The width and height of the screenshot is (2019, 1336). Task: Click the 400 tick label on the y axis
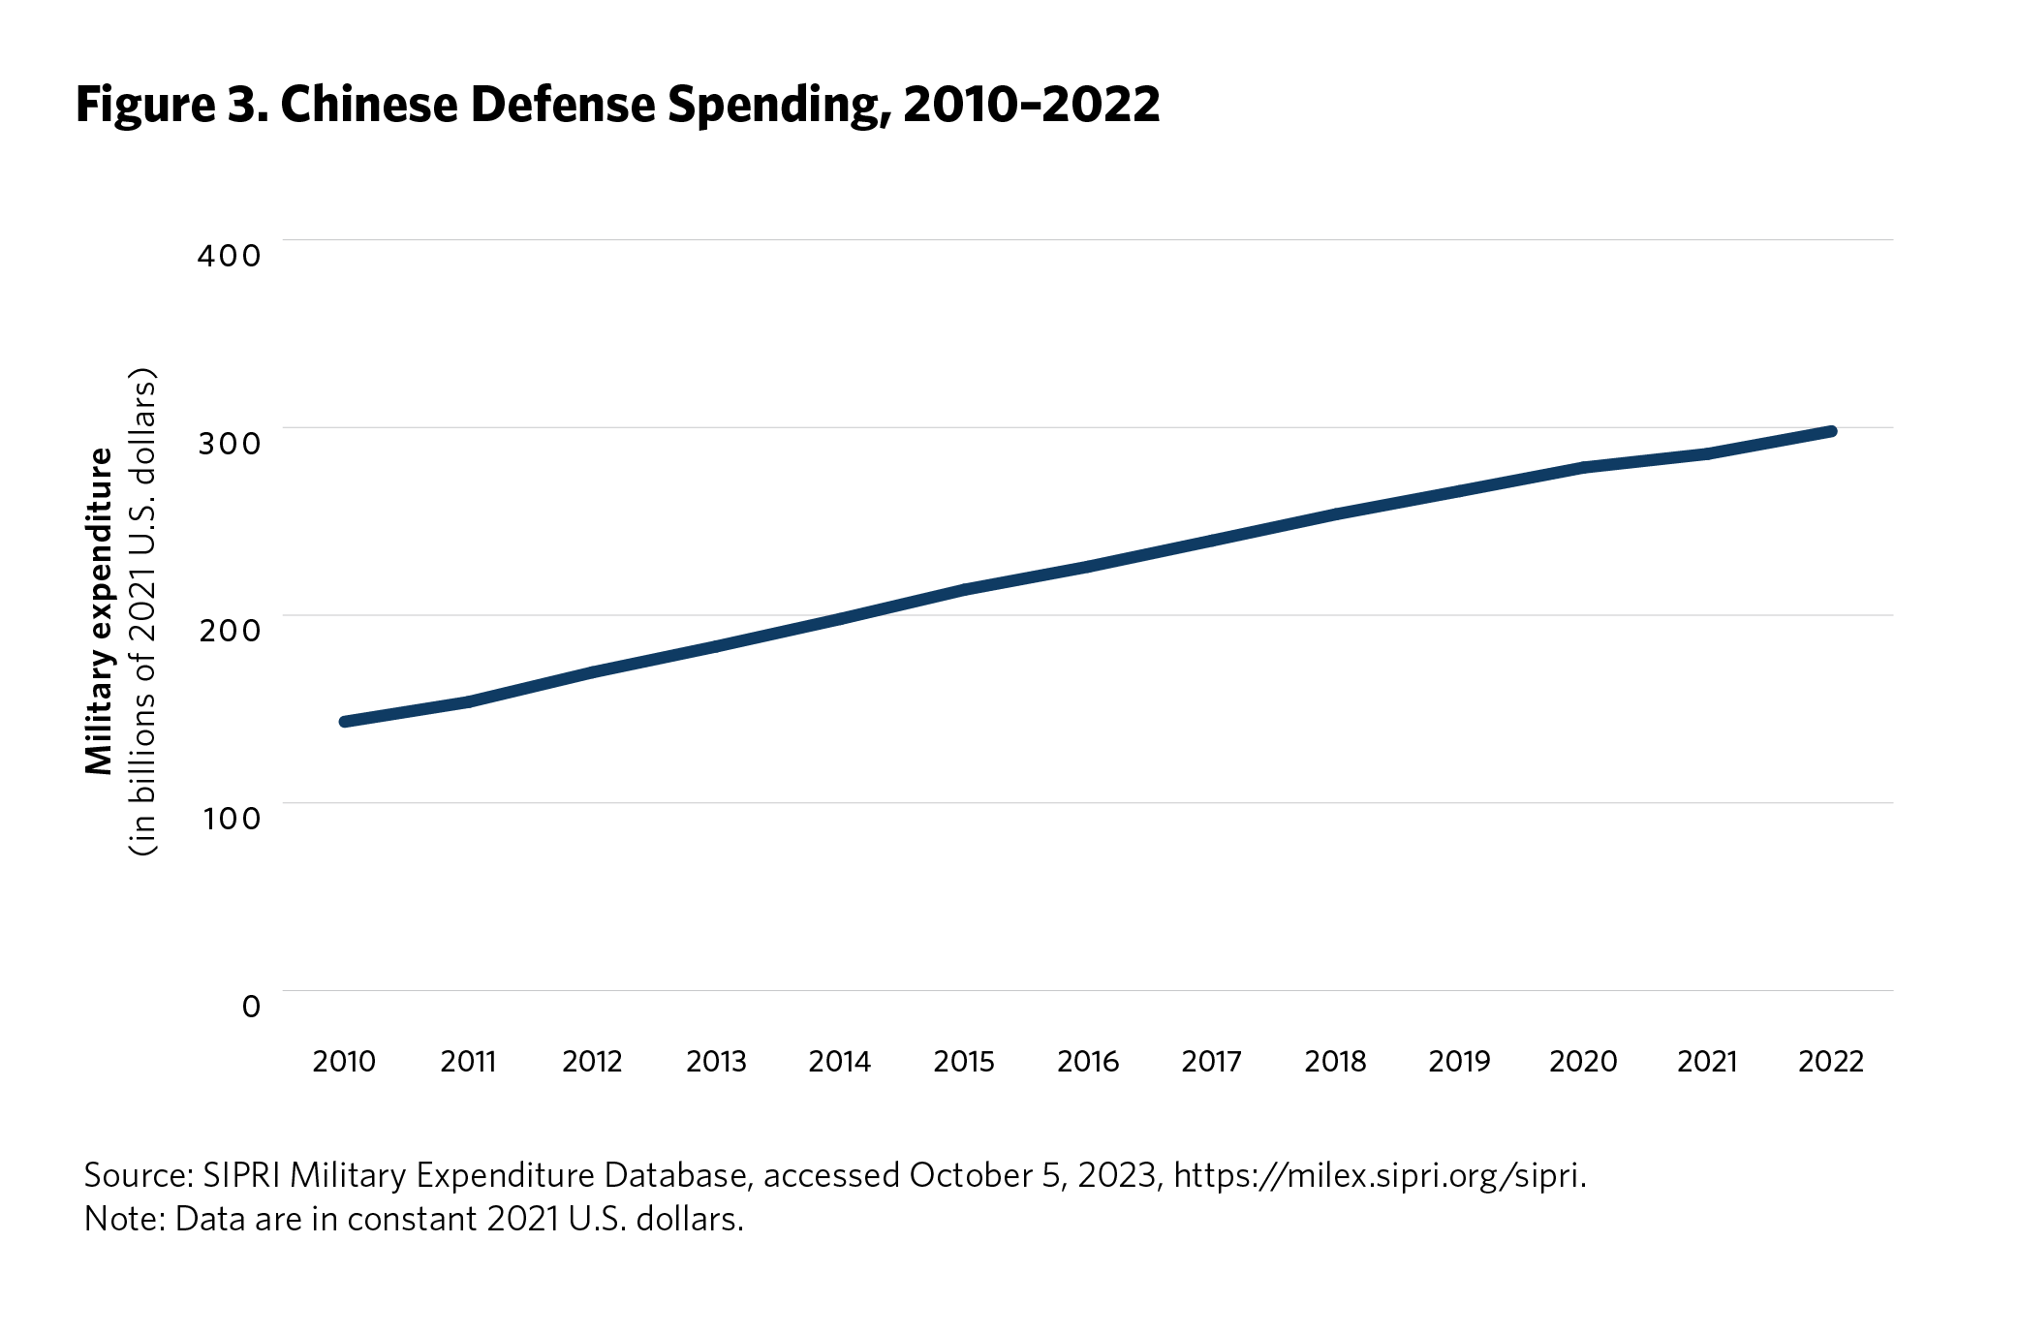click(229, 256)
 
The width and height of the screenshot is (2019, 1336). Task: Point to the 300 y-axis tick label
click(229, 444)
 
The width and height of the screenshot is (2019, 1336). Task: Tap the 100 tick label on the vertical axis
click(231, 819)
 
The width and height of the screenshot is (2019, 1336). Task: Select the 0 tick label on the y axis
click(251, 1007)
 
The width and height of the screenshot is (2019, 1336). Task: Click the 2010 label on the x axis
click(344, 1062)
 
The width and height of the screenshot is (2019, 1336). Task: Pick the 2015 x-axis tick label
click(964, 1062)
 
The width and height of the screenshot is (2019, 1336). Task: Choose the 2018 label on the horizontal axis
click(1335, 1062)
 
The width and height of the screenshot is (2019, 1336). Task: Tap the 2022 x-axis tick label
click(1831, 1062)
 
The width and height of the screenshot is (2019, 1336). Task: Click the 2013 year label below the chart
click(716, 1062)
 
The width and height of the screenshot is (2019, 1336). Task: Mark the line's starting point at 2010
click(345, 721)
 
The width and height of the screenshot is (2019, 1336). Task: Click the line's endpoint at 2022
click(1831, 431)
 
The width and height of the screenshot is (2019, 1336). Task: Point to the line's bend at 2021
click(1707, 453)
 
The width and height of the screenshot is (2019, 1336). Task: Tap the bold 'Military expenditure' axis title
click(100, 610)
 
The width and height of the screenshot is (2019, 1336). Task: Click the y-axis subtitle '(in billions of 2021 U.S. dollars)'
click(143, 610)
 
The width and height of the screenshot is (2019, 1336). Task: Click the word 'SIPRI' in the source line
click(241, 1175)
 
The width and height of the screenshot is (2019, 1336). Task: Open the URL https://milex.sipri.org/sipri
click(1380, 1175)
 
